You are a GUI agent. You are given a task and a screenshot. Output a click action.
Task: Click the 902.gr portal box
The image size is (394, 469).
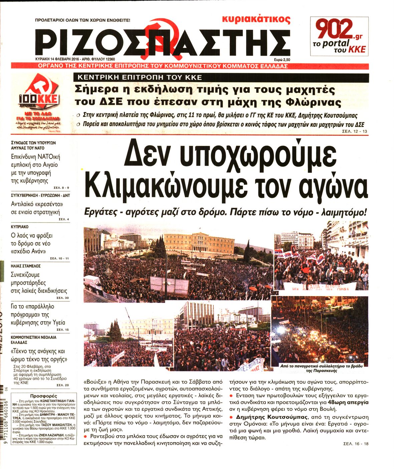(339, 36)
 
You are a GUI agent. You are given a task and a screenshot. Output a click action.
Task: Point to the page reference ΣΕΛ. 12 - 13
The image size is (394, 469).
(355, 132)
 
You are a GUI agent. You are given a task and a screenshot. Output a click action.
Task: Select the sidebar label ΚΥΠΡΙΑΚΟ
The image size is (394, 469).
(20, 227)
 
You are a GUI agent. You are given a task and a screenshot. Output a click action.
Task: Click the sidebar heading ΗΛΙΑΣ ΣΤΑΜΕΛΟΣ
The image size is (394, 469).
(26, 266)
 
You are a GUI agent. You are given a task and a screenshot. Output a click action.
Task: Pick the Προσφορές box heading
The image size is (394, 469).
(44, 396)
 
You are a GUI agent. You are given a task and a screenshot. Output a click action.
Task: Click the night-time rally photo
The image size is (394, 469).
(320, 330)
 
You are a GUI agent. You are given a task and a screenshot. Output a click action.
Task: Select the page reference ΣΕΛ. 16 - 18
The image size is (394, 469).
(356, 444)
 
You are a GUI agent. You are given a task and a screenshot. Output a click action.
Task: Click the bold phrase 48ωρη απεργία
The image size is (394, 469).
(351, 402)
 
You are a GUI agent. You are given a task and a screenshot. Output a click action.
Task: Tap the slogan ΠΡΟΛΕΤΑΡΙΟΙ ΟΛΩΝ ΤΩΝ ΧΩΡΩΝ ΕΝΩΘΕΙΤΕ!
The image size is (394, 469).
(82, 20)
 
